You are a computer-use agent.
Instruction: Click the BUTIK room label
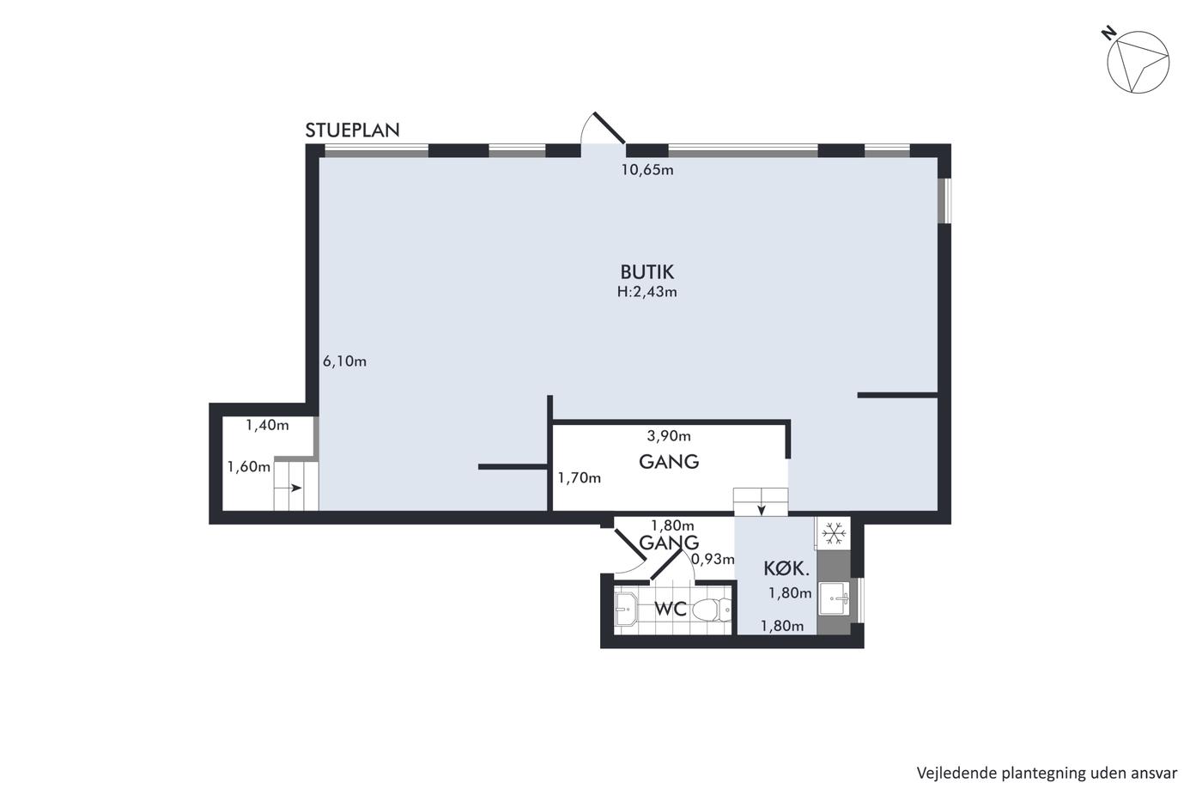[x=647, y=272]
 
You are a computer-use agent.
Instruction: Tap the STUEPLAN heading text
[x=353, y=130]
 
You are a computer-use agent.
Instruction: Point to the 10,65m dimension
[x=647, y=170]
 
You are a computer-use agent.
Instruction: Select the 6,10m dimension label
[x=344, y=361]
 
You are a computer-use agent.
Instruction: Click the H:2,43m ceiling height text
[x=647, y=292]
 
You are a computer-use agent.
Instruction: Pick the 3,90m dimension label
[x=669, y=436]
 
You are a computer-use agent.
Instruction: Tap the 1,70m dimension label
[x=579, y=477]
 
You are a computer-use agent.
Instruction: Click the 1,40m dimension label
[x=267, y=426]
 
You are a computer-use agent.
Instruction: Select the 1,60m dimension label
[x=248, y=467]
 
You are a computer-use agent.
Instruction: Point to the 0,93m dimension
[x=713, y=560]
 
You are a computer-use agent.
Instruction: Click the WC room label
[x=671, y=610]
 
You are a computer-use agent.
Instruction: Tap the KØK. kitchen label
[x=786, y=568]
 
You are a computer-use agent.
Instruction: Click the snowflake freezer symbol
[x=834, y=534]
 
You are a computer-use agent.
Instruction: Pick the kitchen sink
[x=834, y=598]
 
